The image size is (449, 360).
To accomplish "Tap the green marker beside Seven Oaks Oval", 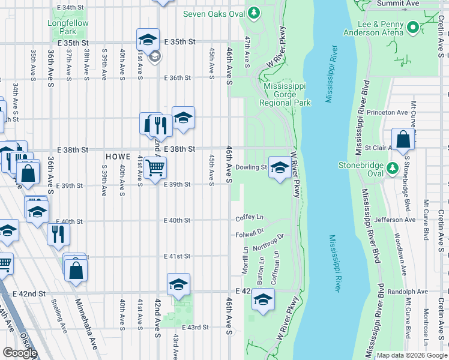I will click(x=254, y=12).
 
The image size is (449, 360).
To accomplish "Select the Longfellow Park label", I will click(x=62, y=28).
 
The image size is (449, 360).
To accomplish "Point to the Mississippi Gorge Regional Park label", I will click(x=285, y=94).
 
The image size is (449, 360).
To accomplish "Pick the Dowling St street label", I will click(x=251, y=167).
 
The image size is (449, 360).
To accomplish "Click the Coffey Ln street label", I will click(x=250, y=217).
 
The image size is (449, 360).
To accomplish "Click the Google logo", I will click(x=20, y=353).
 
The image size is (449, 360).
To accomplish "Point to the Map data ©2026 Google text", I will click(x=411, y=355).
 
